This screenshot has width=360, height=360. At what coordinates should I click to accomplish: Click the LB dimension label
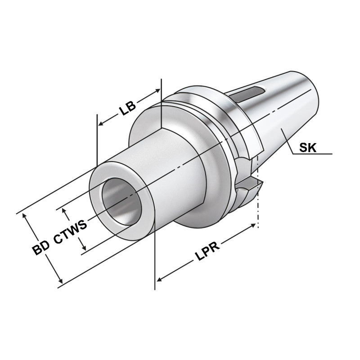pyautogui.click(x=128, y=108)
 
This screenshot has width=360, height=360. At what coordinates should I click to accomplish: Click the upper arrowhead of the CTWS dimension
pyautogui.click(x=64, y=211)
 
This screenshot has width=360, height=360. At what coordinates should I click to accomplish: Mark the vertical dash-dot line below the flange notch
pyautogui.click(x=258, y=211)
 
